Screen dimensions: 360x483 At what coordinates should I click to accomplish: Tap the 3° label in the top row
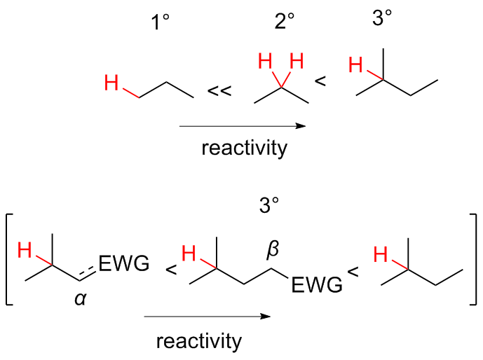point(383,19)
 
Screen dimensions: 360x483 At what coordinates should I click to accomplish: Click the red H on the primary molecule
point(111,84)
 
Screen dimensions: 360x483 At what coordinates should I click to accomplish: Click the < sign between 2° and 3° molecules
point(320,82)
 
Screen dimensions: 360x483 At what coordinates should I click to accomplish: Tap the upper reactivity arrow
point(243,126)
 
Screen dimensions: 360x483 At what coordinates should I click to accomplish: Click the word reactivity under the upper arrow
point(243,148)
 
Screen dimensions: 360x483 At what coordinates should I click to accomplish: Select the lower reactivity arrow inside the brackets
point(207,317)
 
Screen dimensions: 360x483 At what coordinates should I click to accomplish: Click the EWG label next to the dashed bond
point(124,264)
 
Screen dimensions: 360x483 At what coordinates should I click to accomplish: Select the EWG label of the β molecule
point(317,285)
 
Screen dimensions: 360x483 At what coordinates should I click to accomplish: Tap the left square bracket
point(10,259)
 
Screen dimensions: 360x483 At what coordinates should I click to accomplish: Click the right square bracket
point(472,259)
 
